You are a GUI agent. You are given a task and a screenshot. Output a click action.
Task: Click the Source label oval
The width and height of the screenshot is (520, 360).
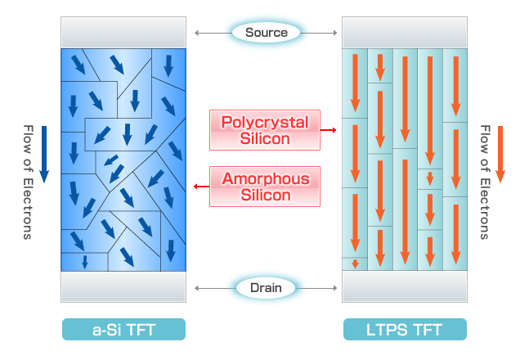[266, 33]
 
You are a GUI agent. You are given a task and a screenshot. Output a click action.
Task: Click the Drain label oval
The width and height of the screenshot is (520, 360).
[266, 288]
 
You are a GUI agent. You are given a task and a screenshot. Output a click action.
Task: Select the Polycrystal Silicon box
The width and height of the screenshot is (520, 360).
[265, 130]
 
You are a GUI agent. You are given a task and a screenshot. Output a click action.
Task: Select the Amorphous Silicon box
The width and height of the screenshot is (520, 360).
[265, 187]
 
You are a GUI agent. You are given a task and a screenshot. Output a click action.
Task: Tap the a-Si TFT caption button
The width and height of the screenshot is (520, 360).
[123, 329]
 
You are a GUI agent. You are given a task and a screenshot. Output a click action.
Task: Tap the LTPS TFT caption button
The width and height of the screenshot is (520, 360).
[405, 329]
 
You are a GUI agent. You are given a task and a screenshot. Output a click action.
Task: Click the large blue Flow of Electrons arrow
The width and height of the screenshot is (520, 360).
[44, 155]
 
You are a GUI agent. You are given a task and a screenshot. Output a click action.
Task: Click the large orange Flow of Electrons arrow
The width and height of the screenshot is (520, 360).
[500, 155]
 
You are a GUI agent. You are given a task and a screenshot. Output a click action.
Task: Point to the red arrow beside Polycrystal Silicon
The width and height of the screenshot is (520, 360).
[329, 130]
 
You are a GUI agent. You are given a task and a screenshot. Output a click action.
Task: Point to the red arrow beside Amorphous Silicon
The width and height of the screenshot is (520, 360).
[201, 187]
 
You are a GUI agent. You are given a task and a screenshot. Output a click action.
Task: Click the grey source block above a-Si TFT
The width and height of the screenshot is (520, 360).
[123, 33]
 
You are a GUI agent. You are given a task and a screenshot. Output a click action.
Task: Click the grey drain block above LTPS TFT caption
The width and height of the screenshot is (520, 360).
[405, 286]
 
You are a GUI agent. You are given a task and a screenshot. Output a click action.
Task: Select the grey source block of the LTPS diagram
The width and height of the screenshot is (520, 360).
[405, 33]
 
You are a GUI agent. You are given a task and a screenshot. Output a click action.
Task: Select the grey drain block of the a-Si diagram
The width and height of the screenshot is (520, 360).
[123, 286]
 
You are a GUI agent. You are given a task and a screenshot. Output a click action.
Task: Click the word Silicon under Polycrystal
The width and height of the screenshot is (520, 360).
[265, 138]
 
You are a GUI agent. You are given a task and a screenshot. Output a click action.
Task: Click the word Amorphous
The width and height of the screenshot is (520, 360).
[266, 179]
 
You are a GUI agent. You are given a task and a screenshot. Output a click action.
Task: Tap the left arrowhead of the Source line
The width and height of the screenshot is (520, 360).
[197, 33]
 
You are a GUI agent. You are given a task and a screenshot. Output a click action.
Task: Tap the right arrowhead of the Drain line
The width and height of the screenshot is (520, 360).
[335, 288]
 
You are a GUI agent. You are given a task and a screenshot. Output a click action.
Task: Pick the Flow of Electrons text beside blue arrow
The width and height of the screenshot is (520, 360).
[28, 182]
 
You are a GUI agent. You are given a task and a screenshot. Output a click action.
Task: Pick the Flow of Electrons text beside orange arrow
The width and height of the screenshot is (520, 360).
[485, 182]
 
